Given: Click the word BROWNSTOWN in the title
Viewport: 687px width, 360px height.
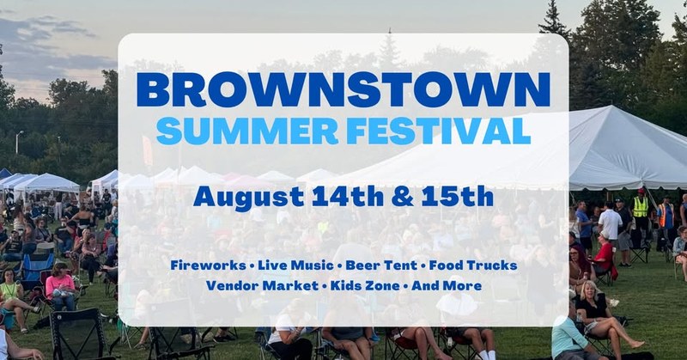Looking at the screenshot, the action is pos(343,90).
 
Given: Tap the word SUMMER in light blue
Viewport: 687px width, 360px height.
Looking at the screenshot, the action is pos(247,131).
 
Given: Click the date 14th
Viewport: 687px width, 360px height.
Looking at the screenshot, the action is pos(348,196).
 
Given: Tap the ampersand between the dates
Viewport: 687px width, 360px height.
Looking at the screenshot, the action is pos(402,197).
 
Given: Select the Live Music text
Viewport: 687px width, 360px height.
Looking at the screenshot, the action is pos(295,265).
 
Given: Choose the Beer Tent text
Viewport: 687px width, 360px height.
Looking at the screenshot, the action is pos(380,265).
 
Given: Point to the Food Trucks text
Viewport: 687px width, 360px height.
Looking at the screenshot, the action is pos(473,265).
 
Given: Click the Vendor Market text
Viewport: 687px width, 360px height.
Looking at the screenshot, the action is pos(262,286).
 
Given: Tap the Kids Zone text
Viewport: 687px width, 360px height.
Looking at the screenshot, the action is pos(365,286).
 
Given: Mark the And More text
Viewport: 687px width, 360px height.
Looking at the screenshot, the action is pos(447,286).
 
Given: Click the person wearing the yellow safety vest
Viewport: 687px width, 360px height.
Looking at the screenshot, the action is pos(641,210).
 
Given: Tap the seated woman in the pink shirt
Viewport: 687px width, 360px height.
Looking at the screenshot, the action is pos(61,286).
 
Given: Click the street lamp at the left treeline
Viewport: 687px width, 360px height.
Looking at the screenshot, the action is pos(18,142).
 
